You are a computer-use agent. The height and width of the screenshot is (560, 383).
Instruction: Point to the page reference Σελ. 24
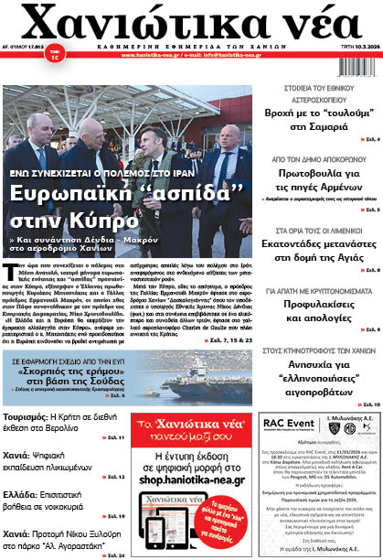115,555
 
